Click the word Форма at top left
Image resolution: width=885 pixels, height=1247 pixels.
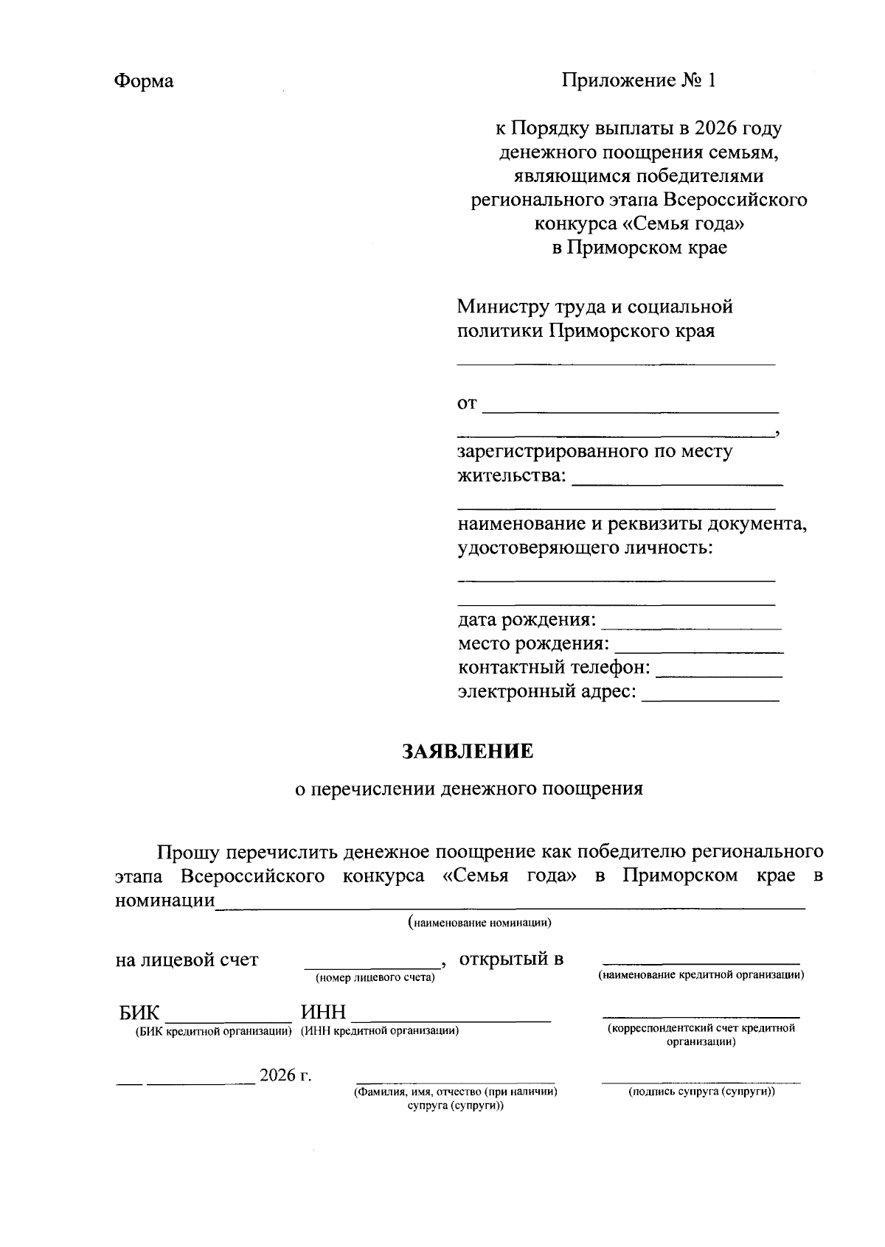click(x=144, y=81)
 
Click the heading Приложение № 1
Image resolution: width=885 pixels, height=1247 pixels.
click(x=639, y=80)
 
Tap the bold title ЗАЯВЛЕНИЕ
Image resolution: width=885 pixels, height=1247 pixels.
click(x=467, y=752)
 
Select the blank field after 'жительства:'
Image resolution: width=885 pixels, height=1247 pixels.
click(x=677, y=480)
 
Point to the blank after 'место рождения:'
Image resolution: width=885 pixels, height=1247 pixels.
click(x=698, y=649)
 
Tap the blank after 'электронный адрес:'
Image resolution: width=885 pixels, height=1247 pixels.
click(x=711, y=696)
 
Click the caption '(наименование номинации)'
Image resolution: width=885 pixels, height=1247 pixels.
click(x=480, y=923)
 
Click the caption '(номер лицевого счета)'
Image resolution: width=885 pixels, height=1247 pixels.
click(x=375, y=978)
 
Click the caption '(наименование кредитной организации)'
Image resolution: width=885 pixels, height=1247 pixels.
click(x=701, y=975)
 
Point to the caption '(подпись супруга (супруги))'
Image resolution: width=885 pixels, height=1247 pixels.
click(x=701, y=1091)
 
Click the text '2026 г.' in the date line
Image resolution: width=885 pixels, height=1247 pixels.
click(x=285, y=1076)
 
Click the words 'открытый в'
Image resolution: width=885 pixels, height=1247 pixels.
click(x=511, y=960)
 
